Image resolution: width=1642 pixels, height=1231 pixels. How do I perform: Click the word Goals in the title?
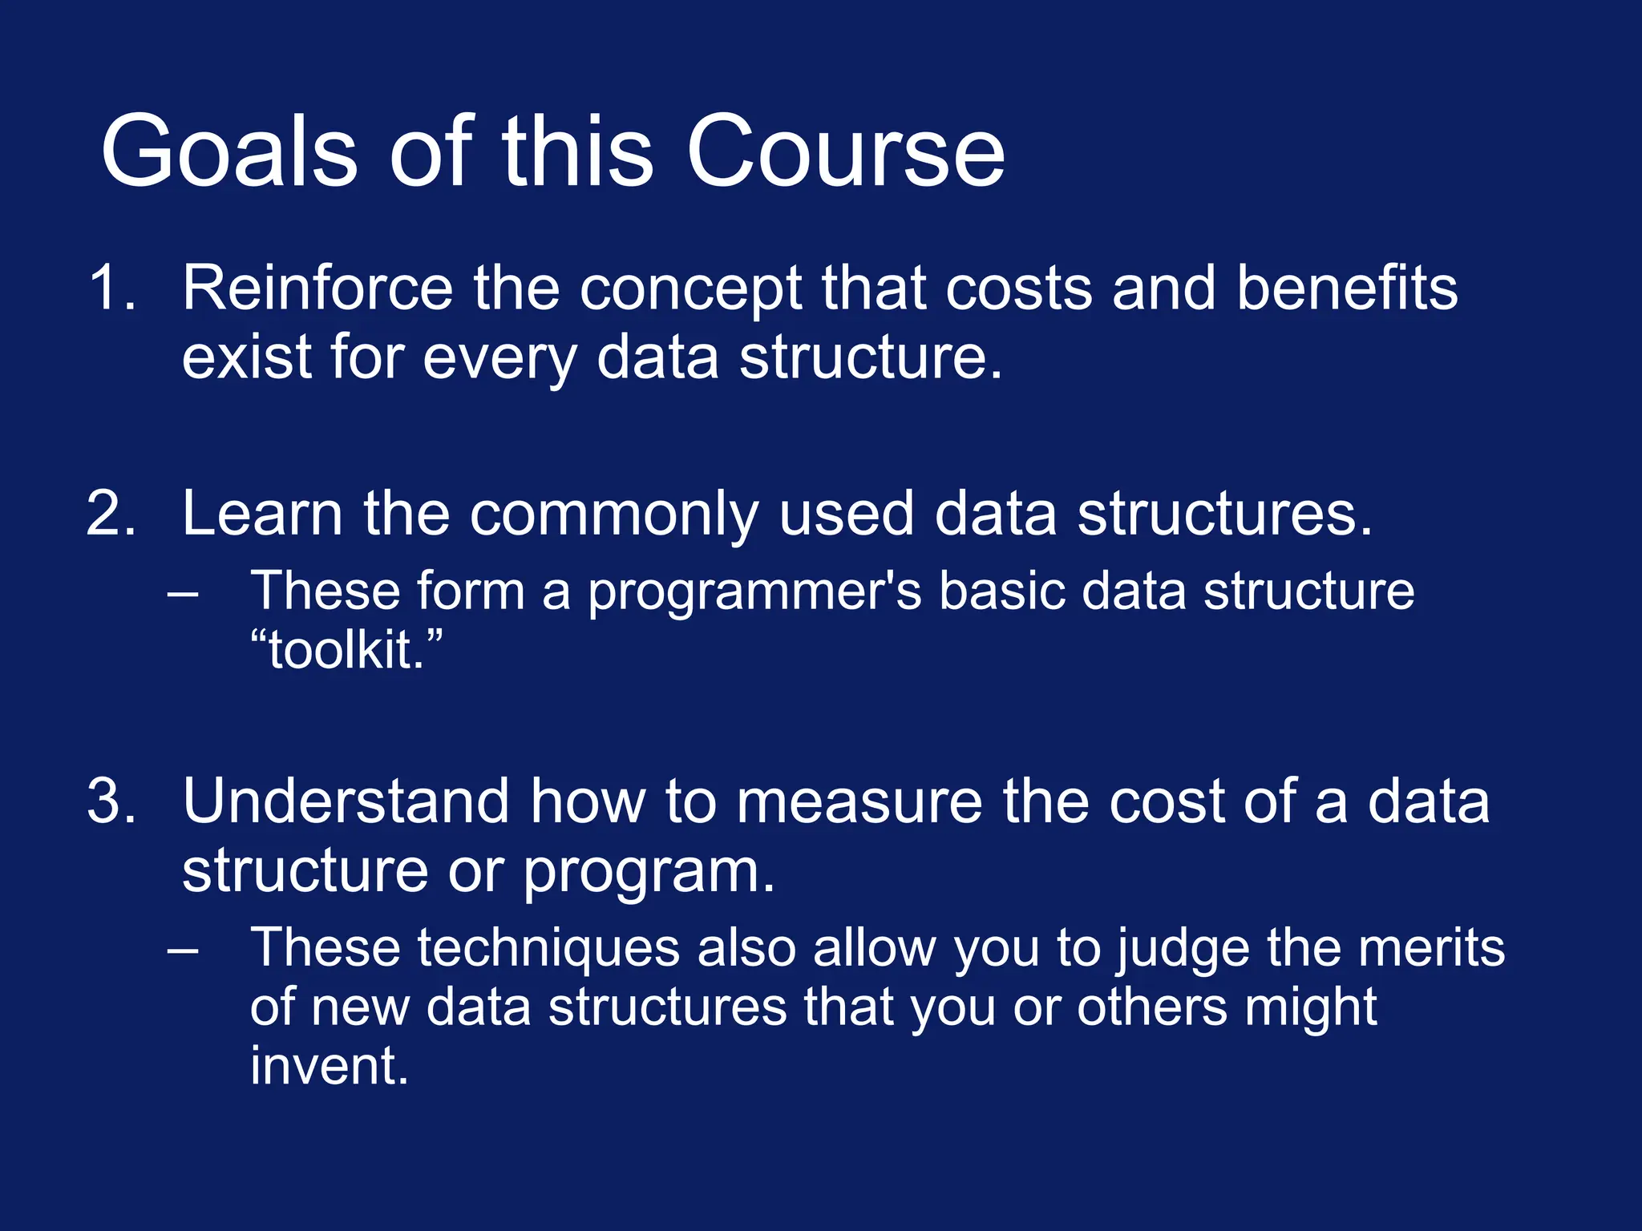coord(229,152)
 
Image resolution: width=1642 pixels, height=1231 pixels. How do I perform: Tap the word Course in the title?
coord(845,152)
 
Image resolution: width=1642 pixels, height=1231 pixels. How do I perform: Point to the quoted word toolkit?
coord(346,650)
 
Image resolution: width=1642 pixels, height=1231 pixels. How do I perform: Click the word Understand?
coord(346,801)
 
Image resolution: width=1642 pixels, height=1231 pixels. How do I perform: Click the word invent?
coord(329,1066)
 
